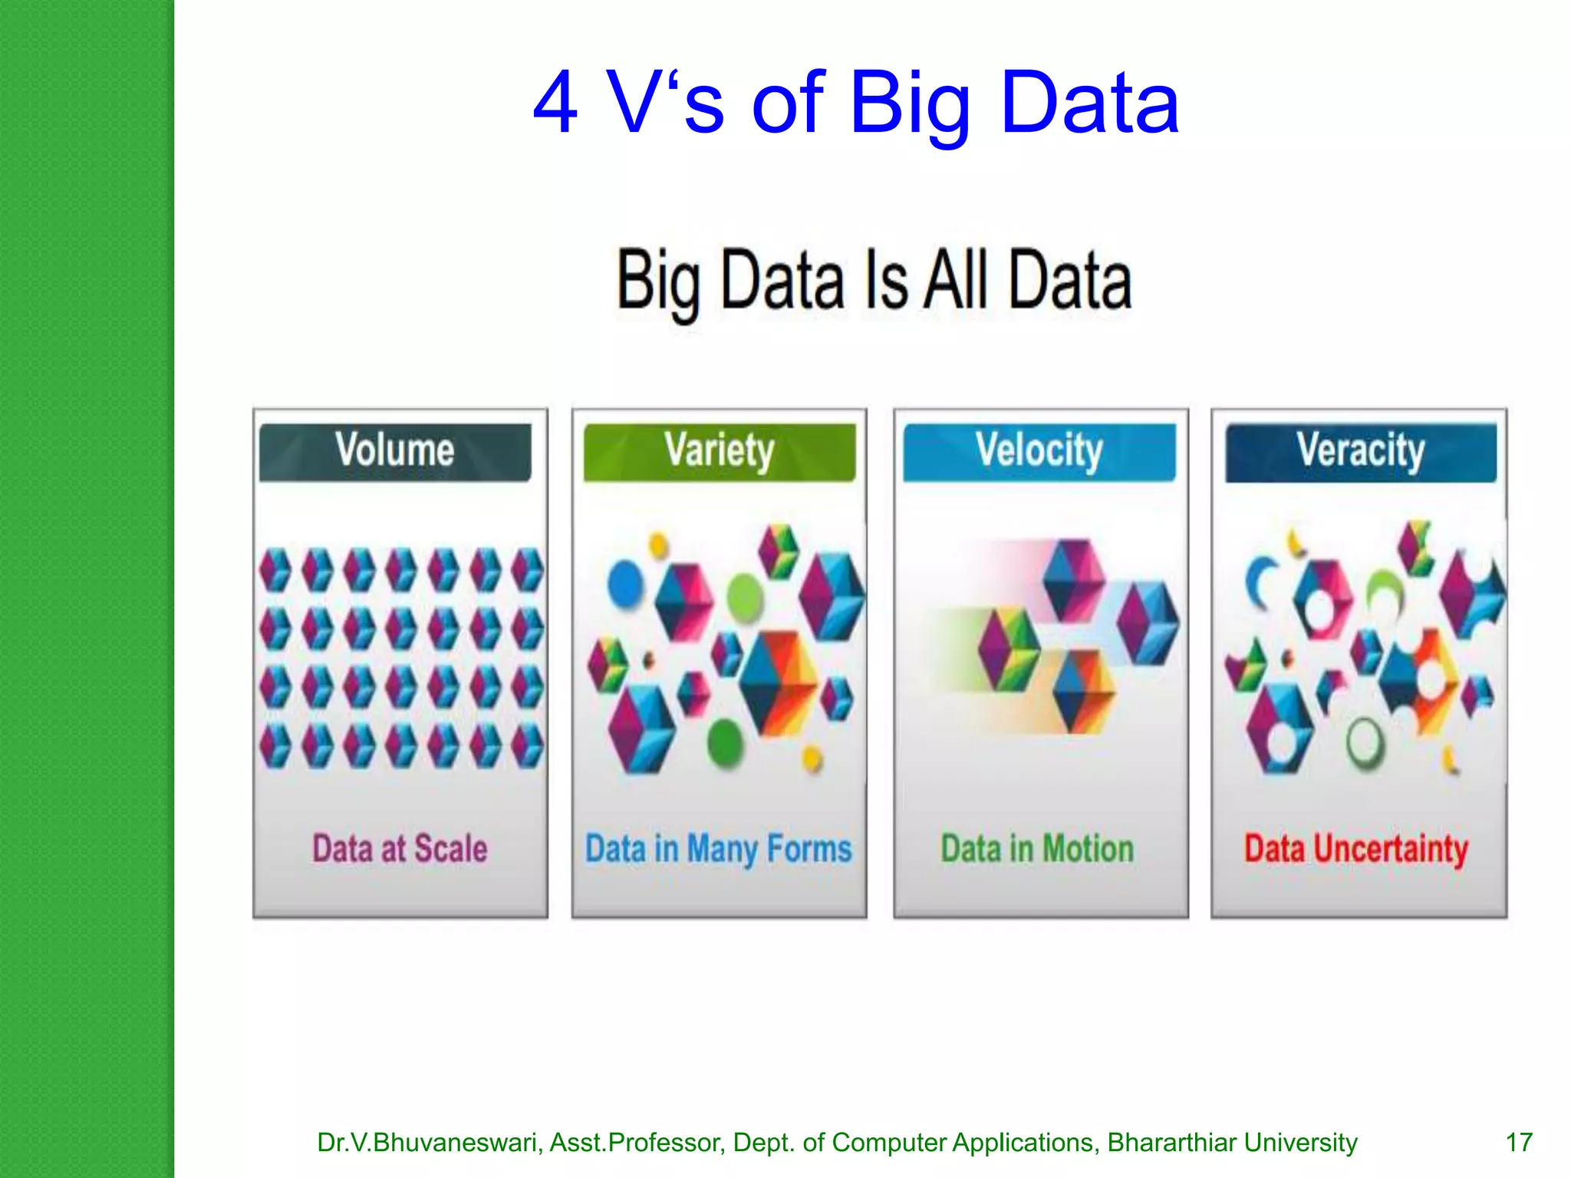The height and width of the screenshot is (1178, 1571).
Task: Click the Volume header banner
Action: (395, 452)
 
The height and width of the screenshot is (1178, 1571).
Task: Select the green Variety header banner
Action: (720, 452)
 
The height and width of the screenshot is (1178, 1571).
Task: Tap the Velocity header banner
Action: (1039, 452)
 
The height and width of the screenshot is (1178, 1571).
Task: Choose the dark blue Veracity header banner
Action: (1361, 452)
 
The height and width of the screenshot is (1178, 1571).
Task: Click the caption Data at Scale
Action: (400, 849)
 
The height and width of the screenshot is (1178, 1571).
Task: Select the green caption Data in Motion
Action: (1037, 849)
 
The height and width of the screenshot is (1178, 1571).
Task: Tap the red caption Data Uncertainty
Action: (1356, 849)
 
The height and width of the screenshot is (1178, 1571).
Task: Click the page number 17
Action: (1519, 1143)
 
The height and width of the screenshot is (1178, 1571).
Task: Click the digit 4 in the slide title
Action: (555, 104)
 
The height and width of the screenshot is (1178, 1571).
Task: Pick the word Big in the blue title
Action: (911, 104)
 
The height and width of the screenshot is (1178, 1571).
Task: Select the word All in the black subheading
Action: (955, 281)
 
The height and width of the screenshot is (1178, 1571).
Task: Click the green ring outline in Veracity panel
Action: (1365, 742)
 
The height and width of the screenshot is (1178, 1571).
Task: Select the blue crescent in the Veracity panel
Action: (1259, 583)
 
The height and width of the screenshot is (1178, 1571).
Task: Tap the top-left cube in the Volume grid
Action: (275, 570)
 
